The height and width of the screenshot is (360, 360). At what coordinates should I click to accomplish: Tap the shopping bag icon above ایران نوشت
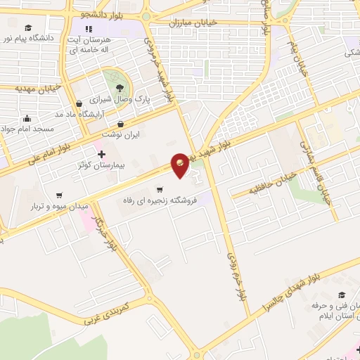[120, 124]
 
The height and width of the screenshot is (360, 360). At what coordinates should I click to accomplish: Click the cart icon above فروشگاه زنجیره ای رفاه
[160, 189]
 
